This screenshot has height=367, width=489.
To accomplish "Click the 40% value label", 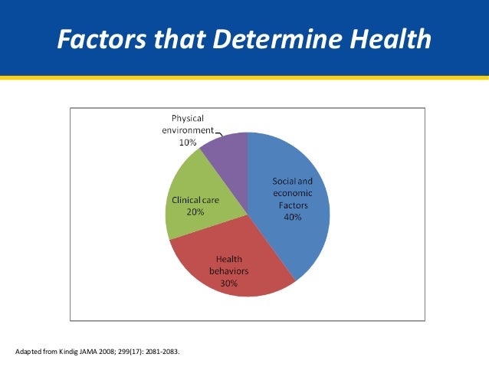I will click(x=292, y=217).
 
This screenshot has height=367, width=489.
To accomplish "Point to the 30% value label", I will click(x=229, y=283).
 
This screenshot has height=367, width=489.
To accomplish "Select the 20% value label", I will click(x=194, y=211).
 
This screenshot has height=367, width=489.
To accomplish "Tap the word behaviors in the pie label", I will click(x=229, y=271).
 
